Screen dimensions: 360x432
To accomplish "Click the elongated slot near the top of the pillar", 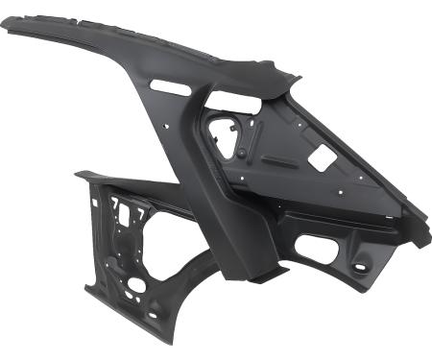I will (x=169, y=86).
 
